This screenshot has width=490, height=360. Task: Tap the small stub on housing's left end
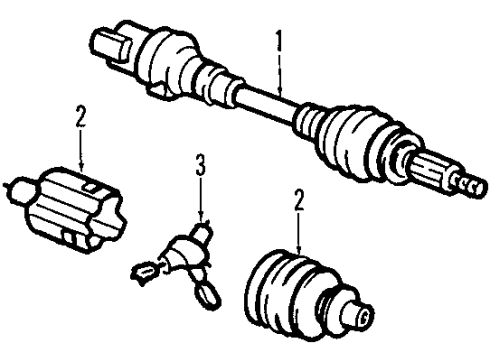tap(17, 185)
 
